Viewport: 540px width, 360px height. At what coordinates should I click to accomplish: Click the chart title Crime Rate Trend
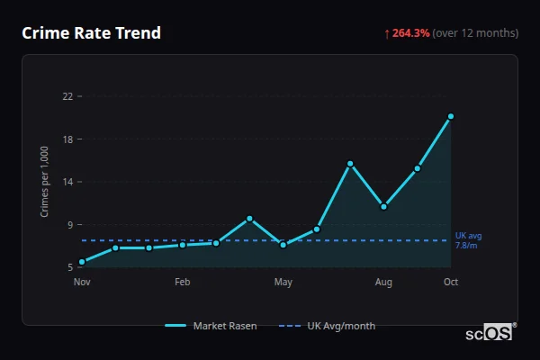tap(91, 33)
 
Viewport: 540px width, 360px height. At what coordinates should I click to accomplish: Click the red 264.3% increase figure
tap(410, 33)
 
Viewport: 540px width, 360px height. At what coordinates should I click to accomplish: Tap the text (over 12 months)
tap(475, 33)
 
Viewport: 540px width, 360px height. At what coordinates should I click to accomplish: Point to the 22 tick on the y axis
tap(67, 96)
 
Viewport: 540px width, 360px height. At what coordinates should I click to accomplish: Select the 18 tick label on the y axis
tap(67, 139)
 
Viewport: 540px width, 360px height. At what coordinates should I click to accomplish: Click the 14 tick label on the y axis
tap(67, 182)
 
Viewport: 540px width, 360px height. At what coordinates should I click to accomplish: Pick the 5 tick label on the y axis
tap(70, 267)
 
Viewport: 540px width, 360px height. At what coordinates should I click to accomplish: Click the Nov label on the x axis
tap(82, 283)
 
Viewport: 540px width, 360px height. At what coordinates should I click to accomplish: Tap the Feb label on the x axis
tap(183, 283)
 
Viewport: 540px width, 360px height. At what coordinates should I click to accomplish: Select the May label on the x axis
tap(283, 283)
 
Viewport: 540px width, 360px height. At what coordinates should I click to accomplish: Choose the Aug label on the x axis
tap(383, 283)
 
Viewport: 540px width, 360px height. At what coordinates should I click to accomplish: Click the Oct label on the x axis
tap(451, 283)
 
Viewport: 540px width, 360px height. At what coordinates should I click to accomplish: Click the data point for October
tap(451, 116)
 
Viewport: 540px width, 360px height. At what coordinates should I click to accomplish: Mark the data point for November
tap(82, 262)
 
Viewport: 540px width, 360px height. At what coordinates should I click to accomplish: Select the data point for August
tap(383, 207)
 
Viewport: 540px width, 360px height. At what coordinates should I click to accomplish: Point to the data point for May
tap(283, 245)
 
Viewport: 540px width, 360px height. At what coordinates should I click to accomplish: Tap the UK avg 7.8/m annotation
tap(468, 240)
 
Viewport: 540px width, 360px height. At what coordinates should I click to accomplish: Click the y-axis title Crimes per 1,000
tap(44, 182)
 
